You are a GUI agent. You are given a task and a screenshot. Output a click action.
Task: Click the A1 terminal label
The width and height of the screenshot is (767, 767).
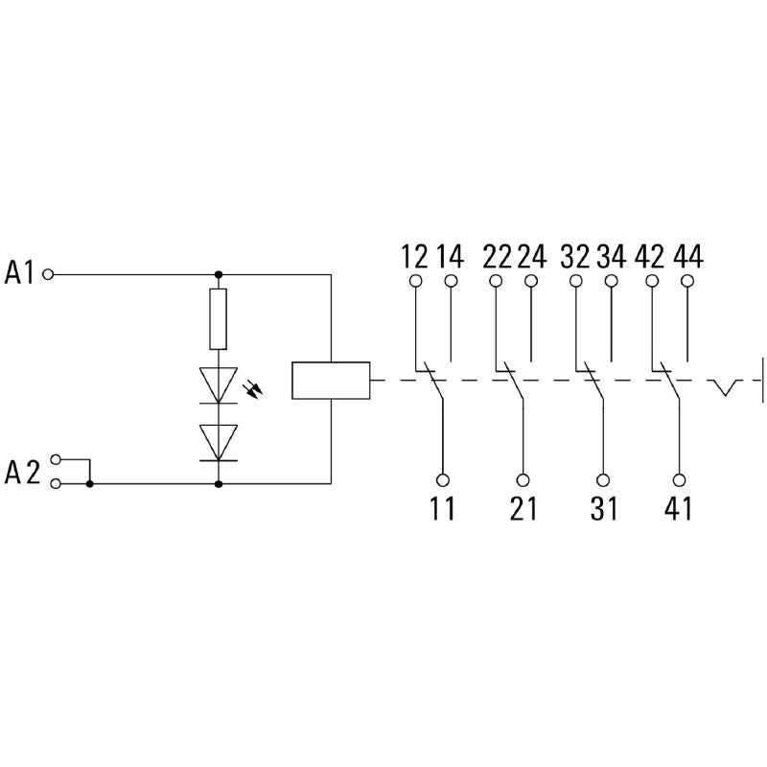click(20, 273)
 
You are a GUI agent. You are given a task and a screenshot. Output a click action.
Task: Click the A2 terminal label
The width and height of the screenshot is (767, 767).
click(22, 472)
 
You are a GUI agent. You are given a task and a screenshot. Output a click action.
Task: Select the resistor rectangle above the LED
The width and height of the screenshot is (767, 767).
click(219, 318)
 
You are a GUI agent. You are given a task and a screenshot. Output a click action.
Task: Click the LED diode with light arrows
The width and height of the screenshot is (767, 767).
click(219, 384)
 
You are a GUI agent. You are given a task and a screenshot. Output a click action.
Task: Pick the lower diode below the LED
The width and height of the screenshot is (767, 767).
click(219, 442)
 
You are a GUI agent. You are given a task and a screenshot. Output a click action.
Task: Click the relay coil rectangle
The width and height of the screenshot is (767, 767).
click(331, 380)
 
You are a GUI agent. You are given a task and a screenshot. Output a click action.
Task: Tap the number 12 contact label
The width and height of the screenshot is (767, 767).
click(414, 257)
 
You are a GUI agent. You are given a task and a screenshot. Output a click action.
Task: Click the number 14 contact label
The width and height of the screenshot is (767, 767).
click(450, 257)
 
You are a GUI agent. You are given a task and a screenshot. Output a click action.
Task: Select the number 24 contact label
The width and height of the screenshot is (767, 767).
click(531, 257)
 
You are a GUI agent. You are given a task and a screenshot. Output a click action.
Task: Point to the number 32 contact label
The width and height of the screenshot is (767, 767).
click(575, 257)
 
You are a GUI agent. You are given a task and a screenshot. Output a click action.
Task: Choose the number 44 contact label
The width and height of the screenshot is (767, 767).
click(688, 257)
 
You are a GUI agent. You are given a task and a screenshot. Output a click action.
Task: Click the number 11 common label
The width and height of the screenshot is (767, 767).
click(443, 508)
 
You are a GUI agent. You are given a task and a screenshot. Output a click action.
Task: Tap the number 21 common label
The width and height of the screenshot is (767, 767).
click(523, 508)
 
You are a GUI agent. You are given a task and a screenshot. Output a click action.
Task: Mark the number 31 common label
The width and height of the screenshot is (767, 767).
click(604, 508)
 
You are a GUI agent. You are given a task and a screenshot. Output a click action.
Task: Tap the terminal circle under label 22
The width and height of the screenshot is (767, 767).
click(496, 281)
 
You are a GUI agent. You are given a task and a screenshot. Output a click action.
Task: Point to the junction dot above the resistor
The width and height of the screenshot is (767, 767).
click(219, 273)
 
